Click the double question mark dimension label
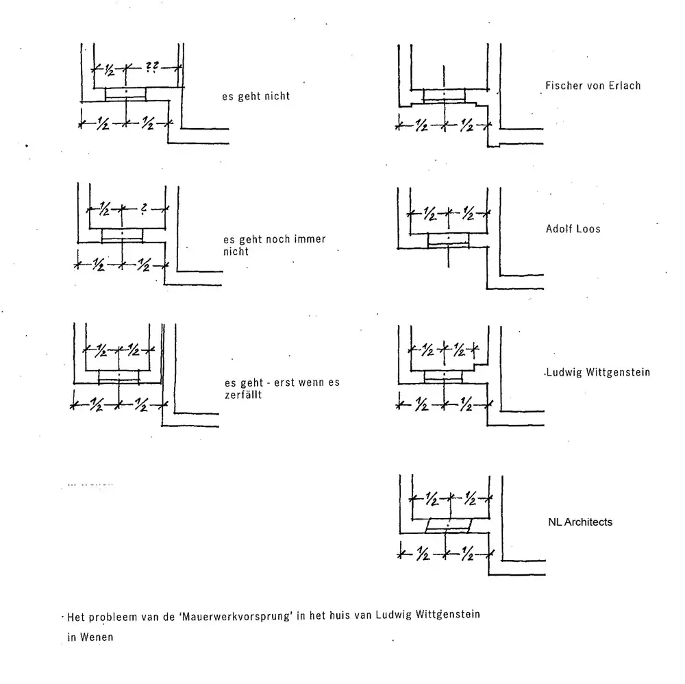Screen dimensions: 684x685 pyautogui.click(x=153, y=66)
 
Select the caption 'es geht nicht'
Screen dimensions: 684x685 pyautogui.click(x=256, y=97)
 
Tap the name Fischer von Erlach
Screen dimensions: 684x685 pyautogui.click(x=593, y=86)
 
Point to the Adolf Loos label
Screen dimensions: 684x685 pyautogui.click(x=573, y=228)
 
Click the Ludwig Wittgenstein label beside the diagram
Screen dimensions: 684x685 pyautogui.click(x=597, y=373)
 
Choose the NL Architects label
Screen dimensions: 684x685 pyautogui.click(x=580, y=522)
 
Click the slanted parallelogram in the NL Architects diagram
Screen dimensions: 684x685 pyautogui.click(x=448, y=526)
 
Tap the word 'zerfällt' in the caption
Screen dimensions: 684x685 pyautogui.click(x=243, y=395)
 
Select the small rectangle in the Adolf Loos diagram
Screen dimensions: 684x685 pyautogui.click(x=448, y=239)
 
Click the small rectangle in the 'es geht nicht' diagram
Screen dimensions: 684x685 pyautogui.click(x=125, y=93)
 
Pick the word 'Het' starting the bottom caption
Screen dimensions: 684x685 pyautogui.click(x=75, y=615)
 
